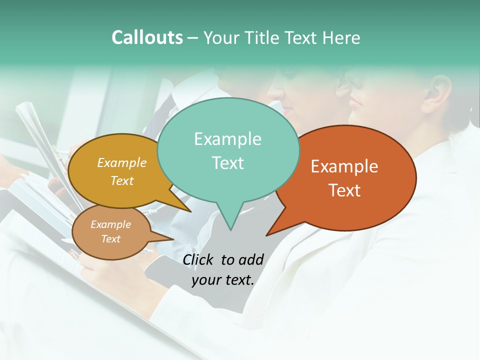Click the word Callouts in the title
pyautogui.click(x=147, y=37)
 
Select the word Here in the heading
pyautogui.click(x=342, y=37)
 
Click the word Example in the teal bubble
pyautogui.click(x=227, y=139)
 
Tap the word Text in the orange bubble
pyautogui.click(x=345, y=190)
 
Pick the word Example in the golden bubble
pyautogui.click(x=122, y=162)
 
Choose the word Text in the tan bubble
pyautogui.click(x=111, y=239)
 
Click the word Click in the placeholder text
pyautogui.click(x=198, y=259)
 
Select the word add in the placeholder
pyautogui.click(x=251, y=259)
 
